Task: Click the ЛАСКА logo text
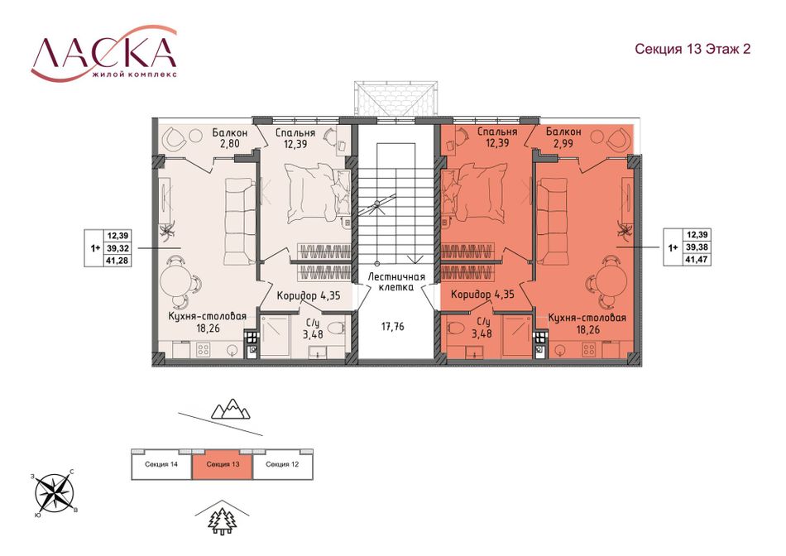(x=104, y=52)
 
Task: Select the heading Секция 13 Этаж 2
(x=693, y=49)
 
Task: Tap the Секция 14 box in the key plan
(x=161, y=465)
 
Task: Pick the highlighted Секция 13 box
(x=223, y=465)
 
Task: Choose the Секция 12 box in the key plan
(x=283, y=465)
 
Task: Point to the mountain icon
(x=230, y=409)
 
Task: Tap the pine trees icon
(x=223, y=520)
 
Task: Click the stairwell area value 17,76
(x=392, y=327)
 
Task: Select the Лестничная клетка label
(x=396, y=282)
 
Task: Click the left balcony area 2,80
(x=229, y=143)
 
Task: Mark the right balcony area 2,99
(x=563, y=143)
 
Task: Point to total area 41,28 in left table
(x=117, y=260)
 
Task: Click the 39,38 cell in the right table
(x=697, y=247)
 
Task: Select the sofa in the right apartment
(x=550, y=221)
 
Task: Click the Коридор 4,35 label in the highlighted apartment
(x=482, y=295)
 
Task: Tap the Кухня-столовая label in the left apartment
(x=207, y=316)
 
